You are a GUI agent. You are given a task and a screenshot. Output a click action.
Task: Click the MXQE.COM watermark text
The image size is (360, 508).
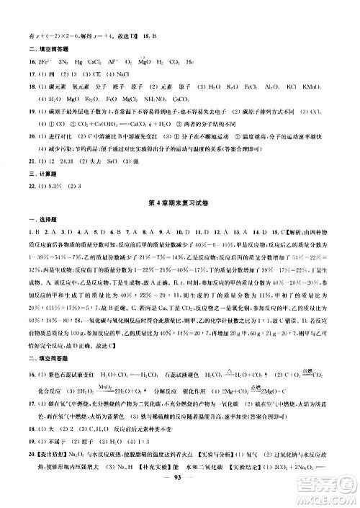tap(333, 497)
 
